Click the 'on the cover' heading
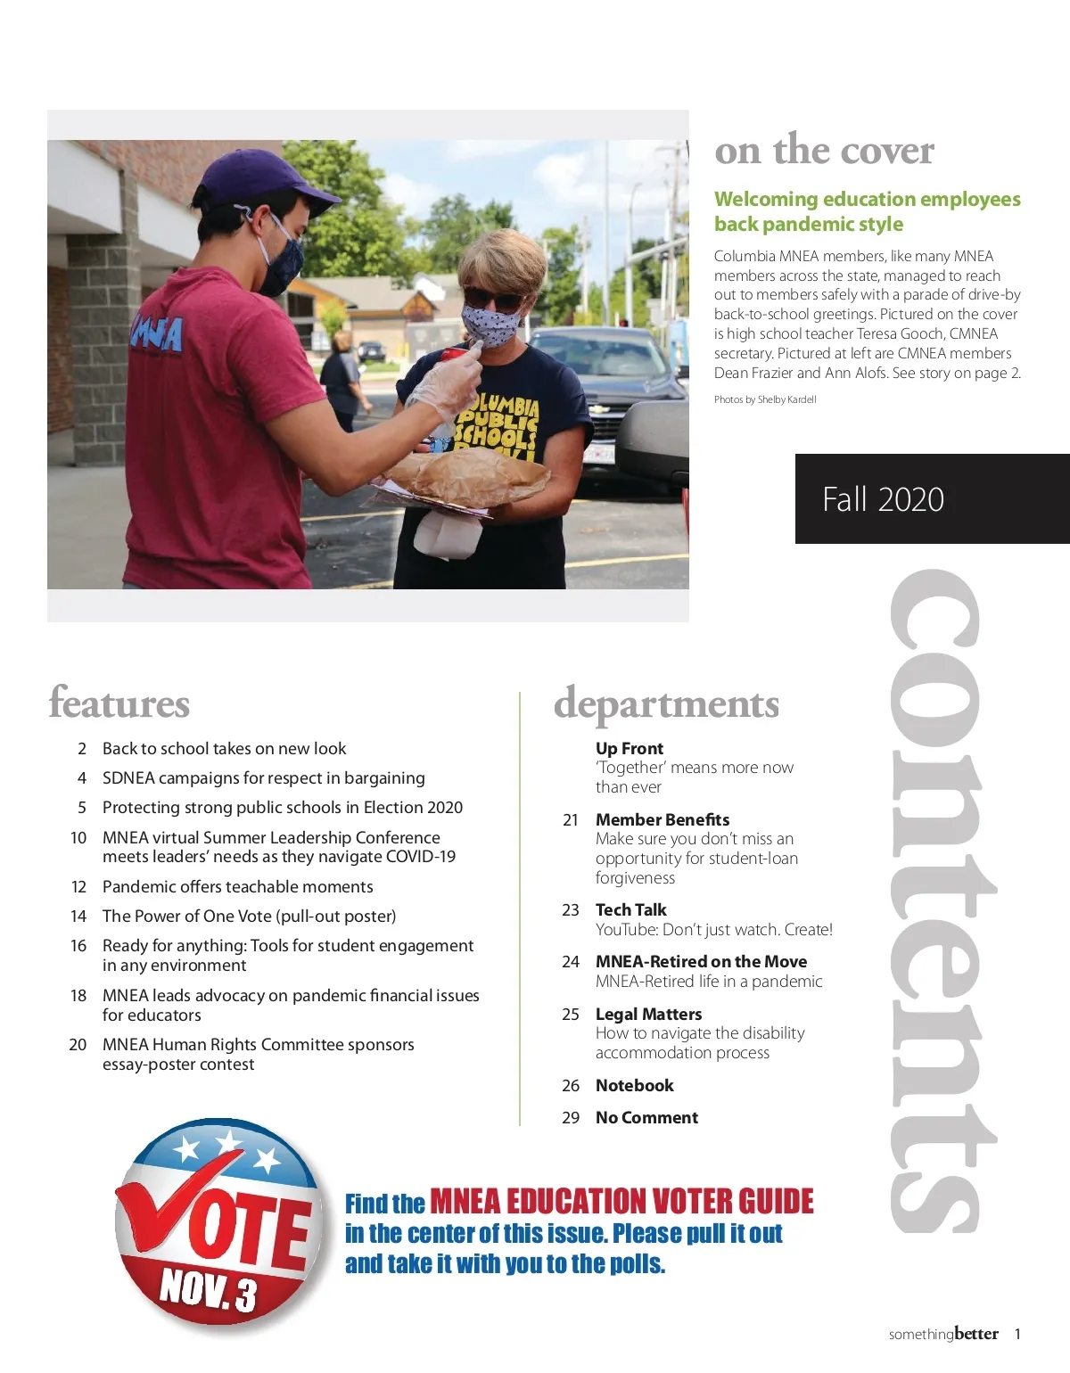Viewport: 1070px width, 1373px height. point(824,150)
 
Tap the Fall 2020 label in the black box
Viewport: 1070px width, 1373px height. point(883,499)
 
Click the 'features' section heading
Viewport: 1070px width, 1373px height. point(119,703)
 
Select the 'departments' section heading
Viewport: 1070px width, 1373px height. point(666,704)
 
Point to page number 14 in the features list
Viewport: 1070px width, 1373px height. point(78,917)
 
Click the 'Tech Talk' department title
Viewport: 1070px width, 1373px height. point(630,909)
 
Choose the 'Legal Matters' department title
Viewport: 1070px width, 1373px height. point(648,1014)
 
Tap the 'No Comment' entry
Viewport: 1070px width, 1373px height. point(646,1117)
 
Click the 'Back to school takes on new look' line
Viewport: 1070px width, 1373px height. point(224,749)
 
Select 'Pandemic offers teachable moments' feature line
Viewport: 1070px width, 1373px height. point(237,887)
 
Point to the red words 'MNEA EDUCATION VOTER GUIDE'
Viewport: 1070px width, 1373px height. point(621,1202)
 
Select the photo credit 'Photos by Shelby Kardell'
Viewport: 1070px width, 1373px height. point(765,399)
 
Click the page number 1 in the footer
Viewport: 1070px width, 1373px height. point(1017,1335)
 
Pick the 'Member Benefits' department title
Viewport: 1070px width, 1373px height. point(663,819)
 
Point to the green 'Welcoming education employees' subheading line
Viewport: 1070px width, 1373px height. point(867,199)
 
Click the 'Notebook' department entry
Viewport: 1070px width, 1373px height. point(634,1085)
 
